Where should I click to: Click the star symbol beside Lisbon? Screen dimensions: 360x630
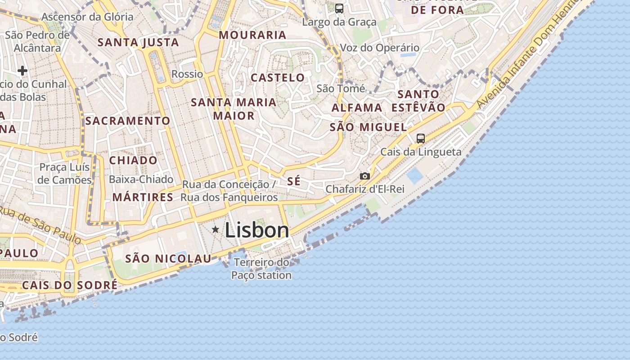coord(216,230)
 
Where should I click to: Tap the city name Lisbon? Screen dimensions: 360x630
coord(257,230)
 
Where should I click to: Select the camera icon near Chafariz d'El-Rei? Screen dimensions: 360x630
coord(365,176)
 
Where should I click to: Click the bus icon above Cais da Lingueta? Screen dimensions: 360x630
coord(420,139)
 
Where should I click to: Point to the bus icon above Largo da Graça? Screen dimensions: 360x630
coord(339,8)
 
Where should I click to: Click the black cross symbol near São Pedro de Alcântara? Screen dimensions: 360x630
coord(22,71)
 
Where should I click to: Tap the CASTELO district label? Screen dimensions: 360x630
coord(278,77)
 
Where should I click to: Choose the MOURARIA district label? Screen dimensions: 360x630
coord(252,35)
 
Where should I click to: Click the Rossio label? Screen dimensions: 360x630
coord(187,74)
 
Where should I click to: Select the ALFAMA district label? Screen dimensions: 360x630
coord(357,108)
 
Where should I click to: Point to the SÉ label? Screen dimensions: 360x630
coord(294,182)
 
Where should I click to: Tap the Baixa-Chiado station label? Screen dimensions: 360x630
coord(141,179)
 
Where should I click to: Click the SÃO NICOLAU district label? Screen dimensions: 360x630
coord(168,259)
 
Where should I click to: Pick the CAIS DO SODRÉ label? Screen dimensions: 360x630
coord(70,285)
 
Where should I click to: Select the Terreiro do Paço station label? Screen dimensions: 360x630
coord(261,269)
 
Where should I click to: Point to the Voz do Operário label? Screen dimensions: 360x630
coord(379,48)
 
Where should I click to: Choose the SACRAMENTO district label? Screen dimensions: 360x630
coord(128,121)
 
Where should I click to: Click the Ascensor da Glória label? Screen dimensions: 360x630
coord(87,17)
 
